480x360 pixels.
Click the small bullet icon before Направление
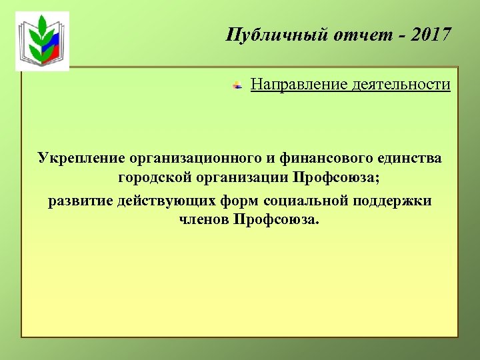point(236,85)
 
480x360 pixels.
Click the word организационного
point(195,159)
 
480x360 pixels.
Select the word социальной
point(305,201)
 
